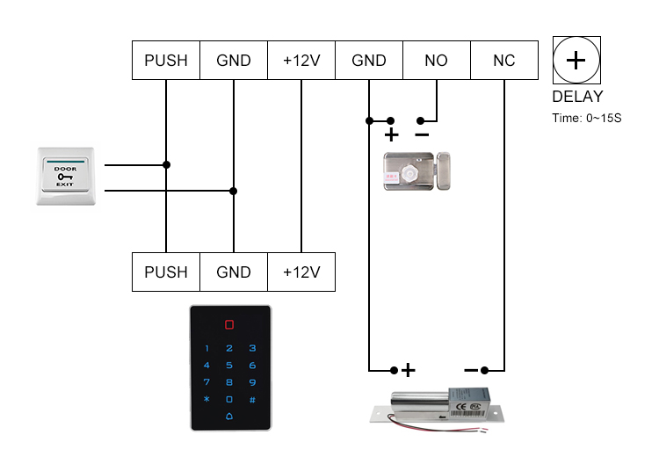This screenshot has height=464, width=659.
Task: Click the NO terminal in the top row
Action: pos(436,61)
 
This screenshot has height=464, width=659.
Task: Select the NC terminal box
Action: pos(503,61)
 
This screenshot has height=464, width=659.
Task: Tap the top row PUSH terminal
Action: pos(166,61)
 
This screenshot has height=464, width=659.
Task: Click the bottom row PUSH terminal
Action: pos(166,272)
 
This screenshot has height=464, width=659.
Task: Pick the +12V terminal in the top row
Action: pos(301,61)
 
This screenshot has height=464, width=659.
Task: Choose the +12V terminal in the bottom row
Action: pos(301,272)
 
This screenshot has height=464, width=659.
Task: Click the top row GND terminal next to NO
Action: pos(369,61)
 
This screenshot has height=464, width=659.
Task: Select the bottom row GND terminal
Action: pos(234,272)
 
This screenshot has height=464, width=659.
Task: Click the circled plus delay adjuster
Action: pos(576,61)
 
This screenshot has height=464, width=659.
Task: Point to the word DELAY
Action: pos(577,97)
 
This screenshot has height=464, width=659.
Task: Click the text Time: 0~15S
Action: pos(586,117)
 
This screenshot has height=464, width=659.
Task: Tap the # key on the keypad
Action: pos(251,399)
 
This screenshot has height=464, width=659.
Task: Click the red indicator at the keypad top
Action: pos(229,324)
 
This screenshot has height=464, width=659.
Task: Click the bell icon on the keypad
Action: pos(229,416)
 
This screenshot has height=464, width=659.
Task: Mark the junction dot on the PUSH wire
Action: pos(166,164)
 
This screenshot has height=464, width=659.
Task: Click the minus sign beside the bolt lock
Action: pos(471,370)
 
